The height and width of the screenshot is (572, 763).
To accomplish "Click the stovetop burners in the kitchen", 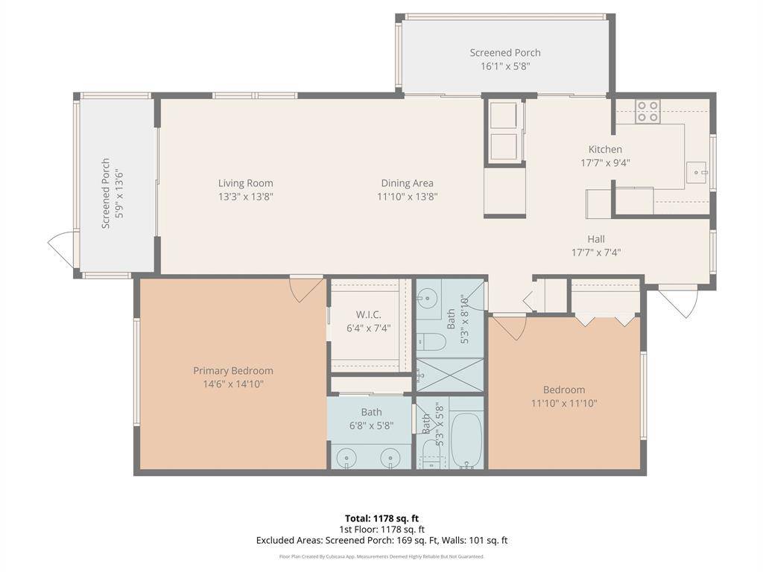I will [647, 112].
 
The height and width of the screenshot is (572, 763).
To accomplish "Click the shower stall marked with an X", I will [449, 375].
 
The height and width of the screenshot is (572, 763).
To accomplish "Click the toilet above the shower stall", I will [431, 342].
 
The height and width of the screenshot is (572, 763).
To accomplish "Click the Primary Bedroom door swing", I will [305, 288].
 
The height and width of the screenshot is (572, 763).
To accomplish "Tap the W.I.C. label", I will [368, 314].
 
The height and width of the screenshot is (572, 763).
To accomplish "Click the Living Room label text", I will [245, 183].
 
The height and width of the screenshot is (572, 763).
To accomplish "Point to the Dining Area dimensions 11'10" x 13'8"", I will [407, 197].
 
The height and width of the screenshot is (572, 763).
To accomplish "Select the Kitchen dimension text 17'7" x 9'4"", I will [605, 163].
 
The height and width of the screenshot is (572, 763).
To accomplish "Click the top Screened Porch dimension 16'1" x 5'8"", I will [504, 66].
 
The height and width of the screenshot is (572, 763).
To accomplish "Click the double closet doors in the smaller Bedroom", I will [605, 320].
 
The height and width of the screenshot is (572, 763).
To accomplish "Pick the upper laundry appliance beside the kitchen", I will [504, 115].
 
